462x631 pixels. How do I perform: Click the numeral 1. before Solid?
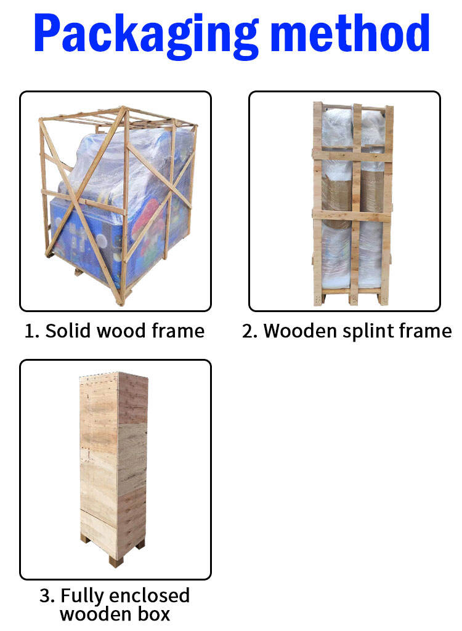32,332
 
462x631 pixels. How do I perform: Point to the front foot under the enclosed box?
115,561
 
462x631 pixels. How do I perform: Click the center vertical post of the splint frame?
355,204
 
